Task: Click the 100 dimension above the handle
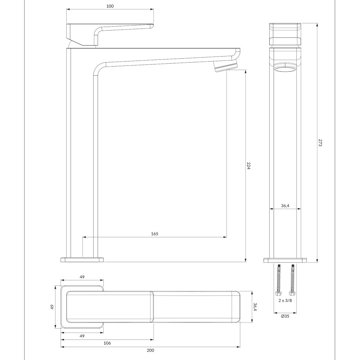point(110,6)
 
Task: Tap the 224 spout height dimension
point(248,166)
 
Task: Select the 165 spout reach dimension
point(155,234)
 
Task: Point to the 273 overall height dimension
point(320,143)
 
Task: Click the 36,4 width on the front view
point(285,206)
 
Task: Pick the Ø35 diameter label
point(285,316)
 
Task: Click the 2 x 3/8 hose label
point(285,300)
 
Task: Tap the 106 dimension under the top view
point(107,343)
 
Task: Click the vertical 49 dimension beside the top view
point(52,307)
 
